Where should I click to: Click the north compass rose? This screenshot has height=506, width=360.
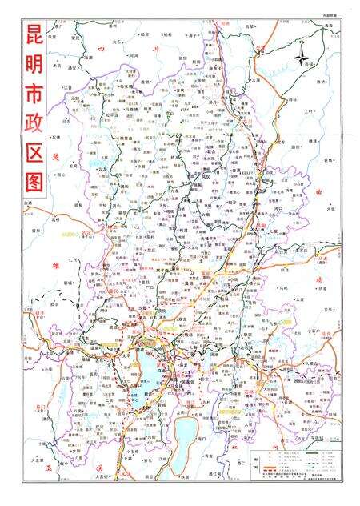click(x=302, y=57)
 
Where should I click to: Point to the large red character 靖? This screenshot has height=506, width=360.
click(x=320, y=276)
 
